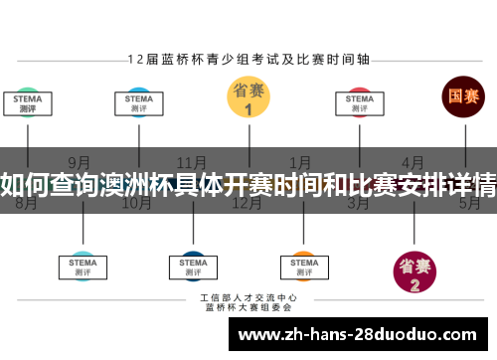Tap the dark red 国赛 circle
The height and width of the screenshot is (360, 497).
(x=463, y=96)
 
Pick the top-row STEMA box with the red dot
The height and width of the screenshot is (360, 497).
(x=358, y=103)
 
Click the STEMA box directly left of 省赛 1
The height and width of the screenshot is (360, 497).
(x=138, y=103)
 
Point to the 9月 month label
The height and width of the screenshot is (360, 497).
(x=80, y=162)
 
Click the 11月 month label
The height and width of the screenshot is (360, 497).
(x=191, y=162)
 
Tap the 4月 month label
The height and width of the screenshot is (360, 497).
(x=414, y=162)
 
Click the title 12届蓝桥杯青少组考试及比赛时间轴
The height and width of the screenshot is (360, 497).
(x=248, y=59)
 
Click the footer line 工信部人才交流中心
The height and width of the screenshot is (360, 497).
(x=248, y=296)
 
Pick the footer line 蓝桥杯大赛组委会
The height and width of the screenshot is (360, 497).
(x=248, y=307)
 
